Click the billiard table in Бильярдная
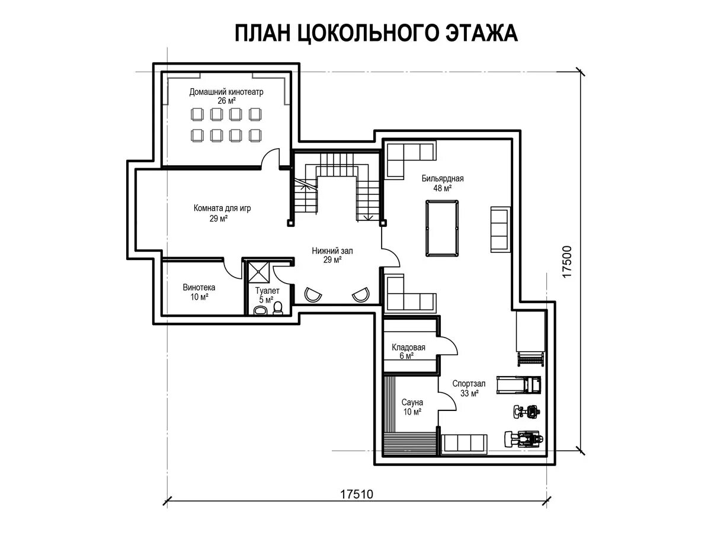(x=442, y=228)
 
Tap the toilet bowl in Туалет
(x=278, y=308)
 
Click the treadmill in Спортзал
(x=518, y=384)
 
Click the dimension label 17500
(x=566, y=262)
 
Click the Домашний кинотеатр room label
(x=226, y=92)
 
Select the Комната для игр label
(x=222, y=208)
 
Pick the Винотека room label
(x=199, y=287)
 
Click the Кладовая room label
(x=408, y=348)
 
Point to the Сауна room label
(x=412, y=402)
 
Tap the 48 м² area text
(x=443, y=188)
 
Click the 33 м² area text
(x=469, y=393)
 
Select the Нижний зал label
(x=332, y=251)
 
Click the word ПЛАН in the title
(x=262, y=33)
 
